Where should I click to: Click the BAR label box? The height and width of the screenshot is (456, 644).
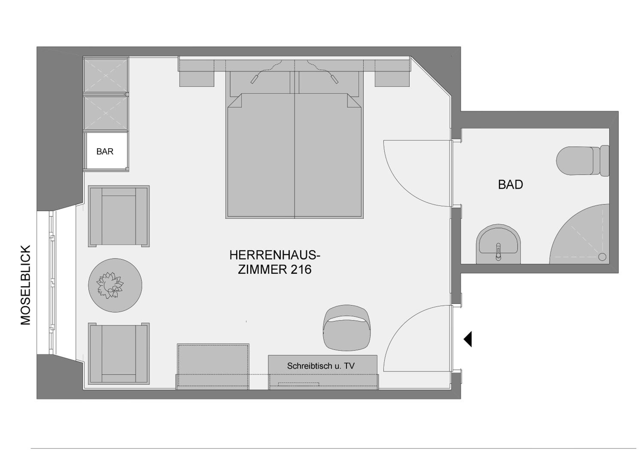106,151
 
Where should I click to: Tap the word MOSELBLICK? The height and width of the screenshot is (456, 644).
26,285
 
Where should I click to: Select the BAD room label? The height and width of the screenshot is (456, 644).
510,184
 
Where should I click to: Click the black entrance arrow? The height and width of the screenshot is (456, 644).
468,339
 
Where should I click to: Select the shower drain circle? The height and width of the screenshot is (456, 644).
602,257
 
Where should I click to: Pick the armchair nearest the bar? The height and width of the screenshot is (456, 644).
119,216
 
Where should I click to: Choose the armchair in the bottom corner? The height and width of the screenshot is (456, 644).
119,353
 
